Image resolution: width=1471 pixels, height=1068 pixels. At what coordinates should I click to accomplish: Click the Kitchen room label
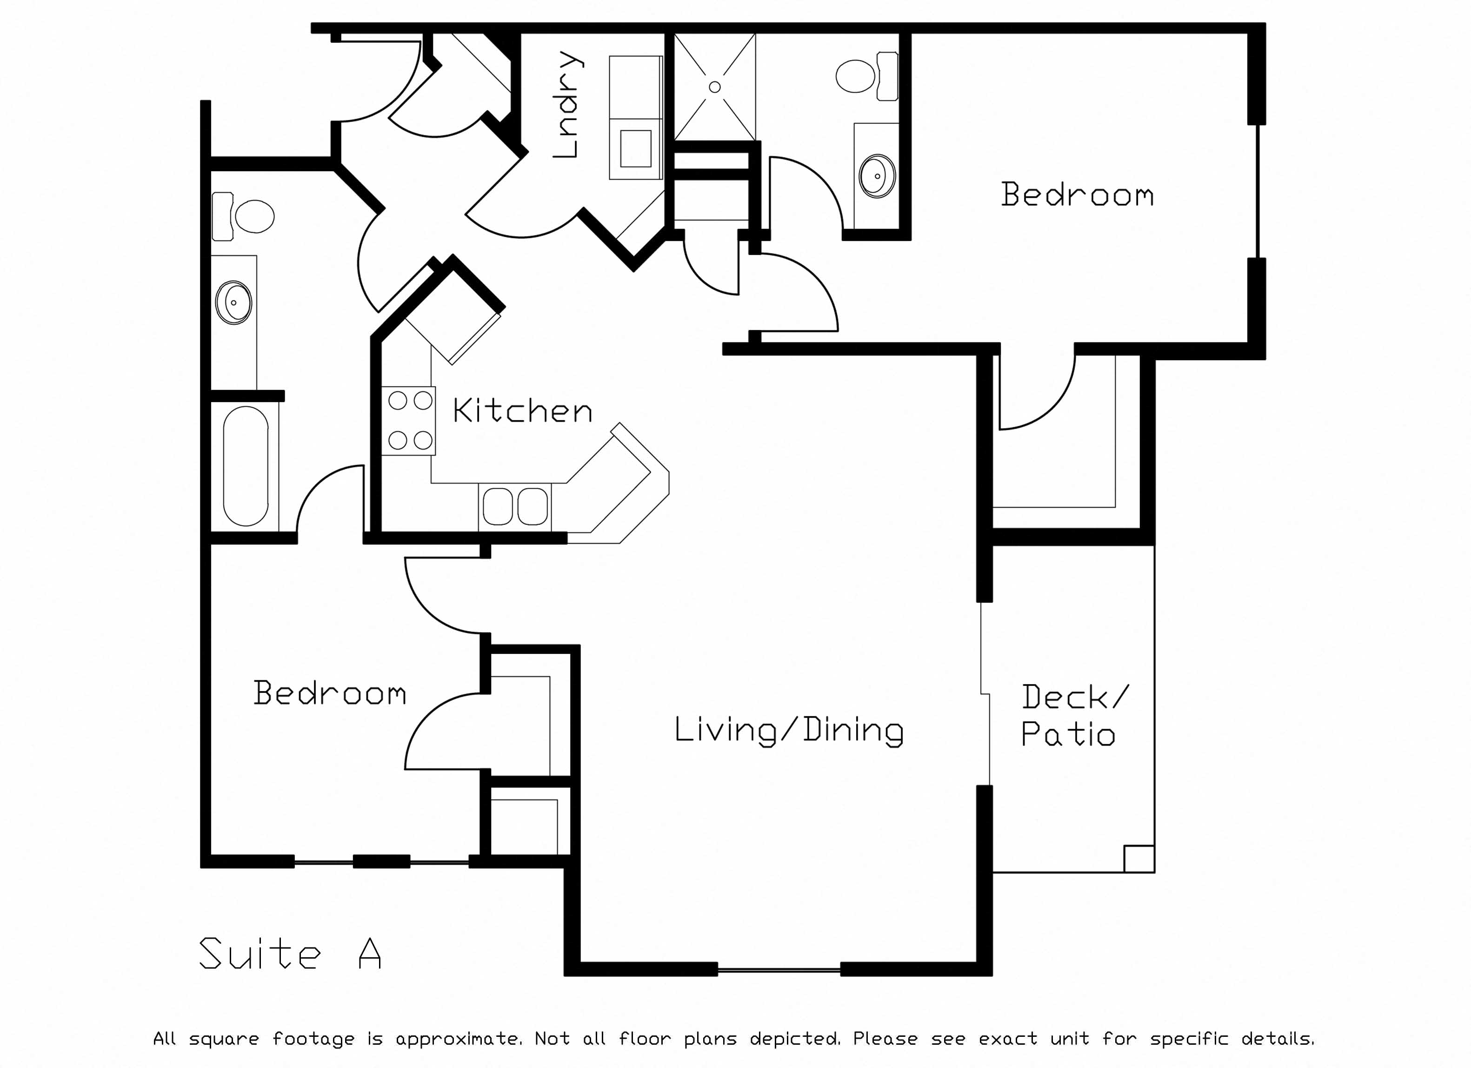click(x=522, y=411)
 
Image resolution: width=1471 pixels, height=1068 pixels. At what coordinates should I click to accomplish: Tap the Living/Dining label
click(x=789, y=731)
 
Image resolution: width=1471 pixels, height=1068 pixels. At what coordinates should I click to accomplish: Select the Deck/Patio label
click(x=1075, y=716)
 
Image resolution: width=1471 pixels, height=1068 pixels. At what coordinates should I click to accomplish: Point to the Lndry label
click(x=567, y=105)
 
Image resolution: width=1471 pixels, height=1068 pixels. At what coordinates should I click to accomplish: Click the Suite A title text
click(x=290, y=953)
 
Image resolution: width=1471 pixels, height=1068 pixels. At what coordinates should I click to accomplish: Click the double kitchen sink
click(x=515, y=507)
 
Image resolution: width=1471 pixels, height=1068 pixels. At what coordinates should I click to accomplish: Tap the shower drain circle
click(x=715, y=87)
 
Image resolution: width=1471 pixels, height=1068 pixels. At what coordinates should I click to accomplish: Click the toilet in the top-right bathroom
click(x=867, y=76)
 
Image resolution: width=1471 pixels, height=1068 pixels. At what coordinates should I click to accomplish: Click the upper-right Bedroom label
click(x=1077, y=194)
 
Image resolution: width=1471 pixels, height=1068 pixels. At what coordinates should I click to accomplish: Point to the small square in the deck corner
click(x=1139, y=859)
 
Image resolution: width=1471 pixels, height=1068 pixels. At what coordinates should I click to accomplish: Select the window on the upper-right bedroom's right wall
click(x=1258, y=191)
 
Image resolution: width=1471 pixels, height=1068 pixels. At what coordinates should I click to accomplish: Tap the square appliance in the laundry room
click(x=636, y=148)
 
